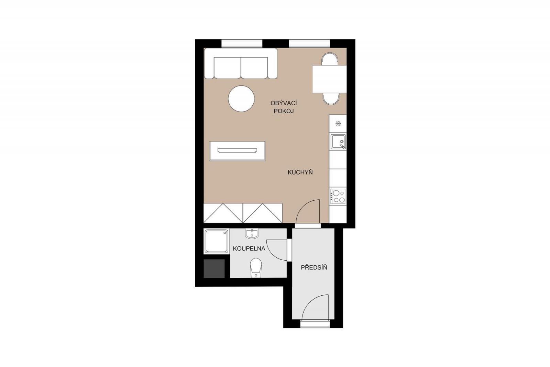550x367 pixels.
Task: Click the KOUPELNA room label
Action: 249,249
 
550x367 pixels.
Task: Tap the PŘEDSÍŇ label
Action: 314,267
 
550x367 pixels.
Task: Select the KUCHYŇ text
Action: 300,172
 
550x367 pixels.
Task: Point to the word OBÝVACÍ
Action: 284,103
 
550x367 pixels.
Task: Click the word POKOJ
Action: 284,111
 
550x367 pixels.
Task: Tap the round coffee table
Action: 241,99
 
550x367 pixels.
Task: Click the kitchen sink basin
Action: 338,142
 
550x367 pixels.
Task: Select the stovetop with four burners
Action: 338,196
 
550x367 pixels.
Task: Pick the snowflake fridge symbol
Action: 338,124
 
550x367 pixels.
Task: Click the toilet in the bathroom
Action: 256,268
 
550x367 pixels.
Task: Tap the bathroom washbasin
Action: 251,233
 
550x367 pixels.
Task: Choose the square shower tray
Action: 216,241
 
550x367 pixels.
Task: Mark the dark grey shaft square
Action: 214,269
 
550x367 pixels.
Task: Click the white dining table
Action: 329,79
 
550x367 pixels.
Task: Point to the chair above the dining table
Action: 330,59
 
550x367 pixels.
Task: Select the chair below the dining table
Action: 331,99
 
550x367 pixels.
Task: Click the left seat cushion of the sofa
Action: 227,67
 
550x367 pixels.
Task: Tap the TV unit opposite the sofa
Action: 238,151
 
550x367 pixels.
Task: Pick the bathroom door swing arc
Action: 273,253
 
